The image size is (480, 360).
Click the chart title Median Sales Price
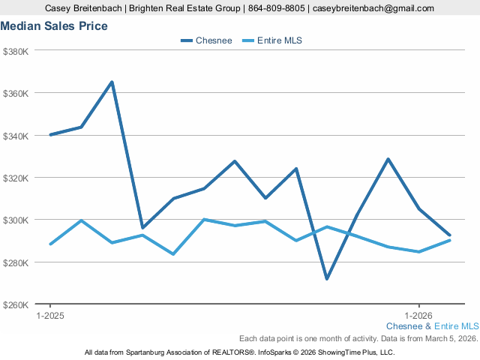[54, 26]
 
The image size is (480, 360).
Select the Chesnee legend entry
[206, 40]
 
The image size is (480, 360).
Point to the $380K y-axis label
[16, 51]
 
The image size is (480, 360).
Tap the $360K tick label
[16, 94]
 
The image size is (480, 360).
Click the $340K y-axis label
[16, 136]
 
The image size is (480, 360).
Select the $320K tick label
[16, 178]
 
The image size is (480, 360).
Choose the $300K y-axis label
[16, 220]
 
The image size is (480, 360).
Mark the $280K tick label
[16, 262]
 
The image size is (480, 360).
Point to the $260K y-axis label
[16, 305]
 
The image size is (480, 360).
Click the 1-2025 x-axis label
[50, 316]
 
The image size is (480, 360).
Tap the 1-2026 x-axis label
[418, 316]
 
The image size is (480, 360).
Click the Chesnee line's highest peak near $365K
[112, 82]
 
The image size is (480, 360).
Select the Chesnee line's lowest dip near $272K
[327, 279]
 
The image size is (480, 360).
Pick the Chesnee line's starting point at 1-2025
[50, 135]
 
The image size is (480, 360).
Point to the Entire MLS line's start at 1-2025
[50, 244]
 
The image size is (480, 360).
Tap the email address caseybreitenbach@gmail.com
[373, 8]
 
